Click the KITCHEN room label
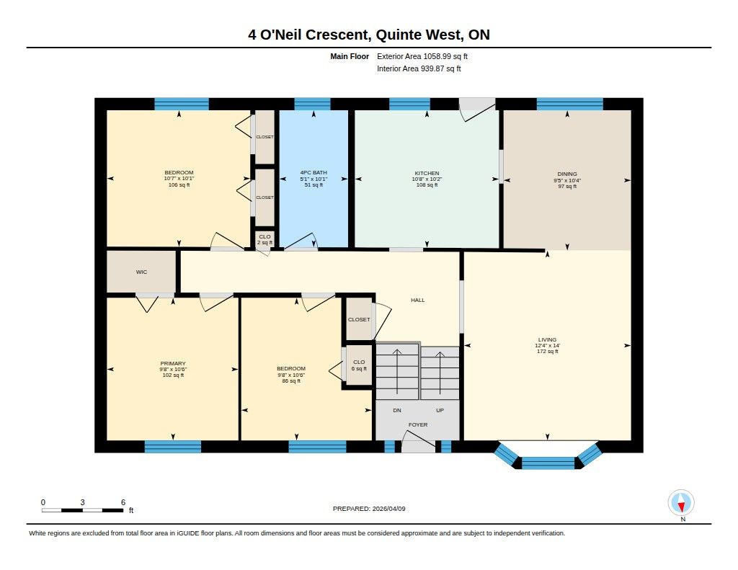point(427,173)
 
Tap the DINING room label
point(567,174)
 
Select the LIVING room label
point(548,339)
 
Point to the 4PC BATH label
point(314,173)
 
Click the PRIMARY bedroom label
point(173,363)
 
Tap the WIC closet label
point(142,272)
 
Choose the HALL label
point(417,300)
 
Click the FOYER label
point(418,424)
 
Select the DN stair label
point(397,411)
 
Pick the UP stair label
point(440,411)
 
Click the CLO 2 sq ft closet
point(264,239)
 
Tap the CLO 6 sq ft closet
point(359,365)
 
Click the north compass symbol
point(681,503)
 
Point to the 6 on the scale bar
point(123,502)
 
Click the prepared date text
point(369,509)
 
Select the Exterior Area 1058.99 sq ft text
point(422,56)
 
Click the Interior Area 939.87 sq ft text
point(419,68)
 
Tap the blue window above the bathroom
point(313,104)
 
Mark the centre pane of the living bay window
point(548,463)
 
